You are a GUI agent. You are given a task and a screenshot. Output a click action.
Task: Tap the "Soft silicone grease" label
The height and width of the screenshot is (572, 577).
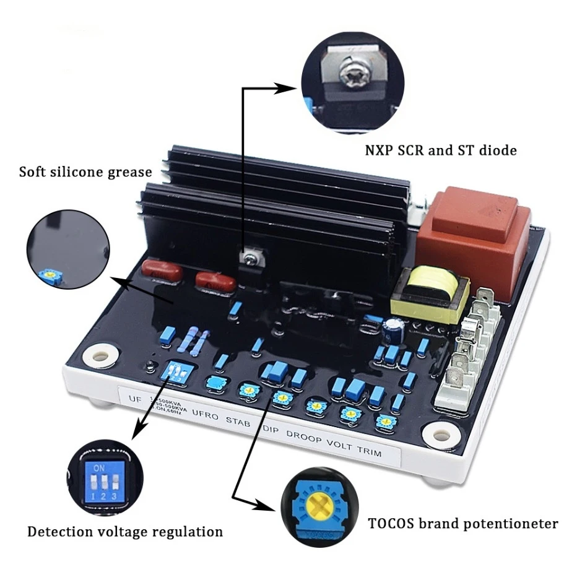tap(85, 171)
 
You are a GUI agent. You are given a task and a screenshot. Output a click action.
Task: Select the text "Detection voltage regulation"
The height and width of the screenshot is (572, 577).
tap(124, 531)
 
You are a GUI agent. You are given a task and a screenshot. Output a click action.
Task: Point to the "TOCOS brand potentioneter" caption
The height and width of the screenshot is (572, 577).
tap(463, 524)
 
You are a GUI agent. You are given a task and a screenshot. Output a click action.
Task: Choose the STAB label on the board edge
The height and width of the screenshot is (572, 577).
tap(238, 422)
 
